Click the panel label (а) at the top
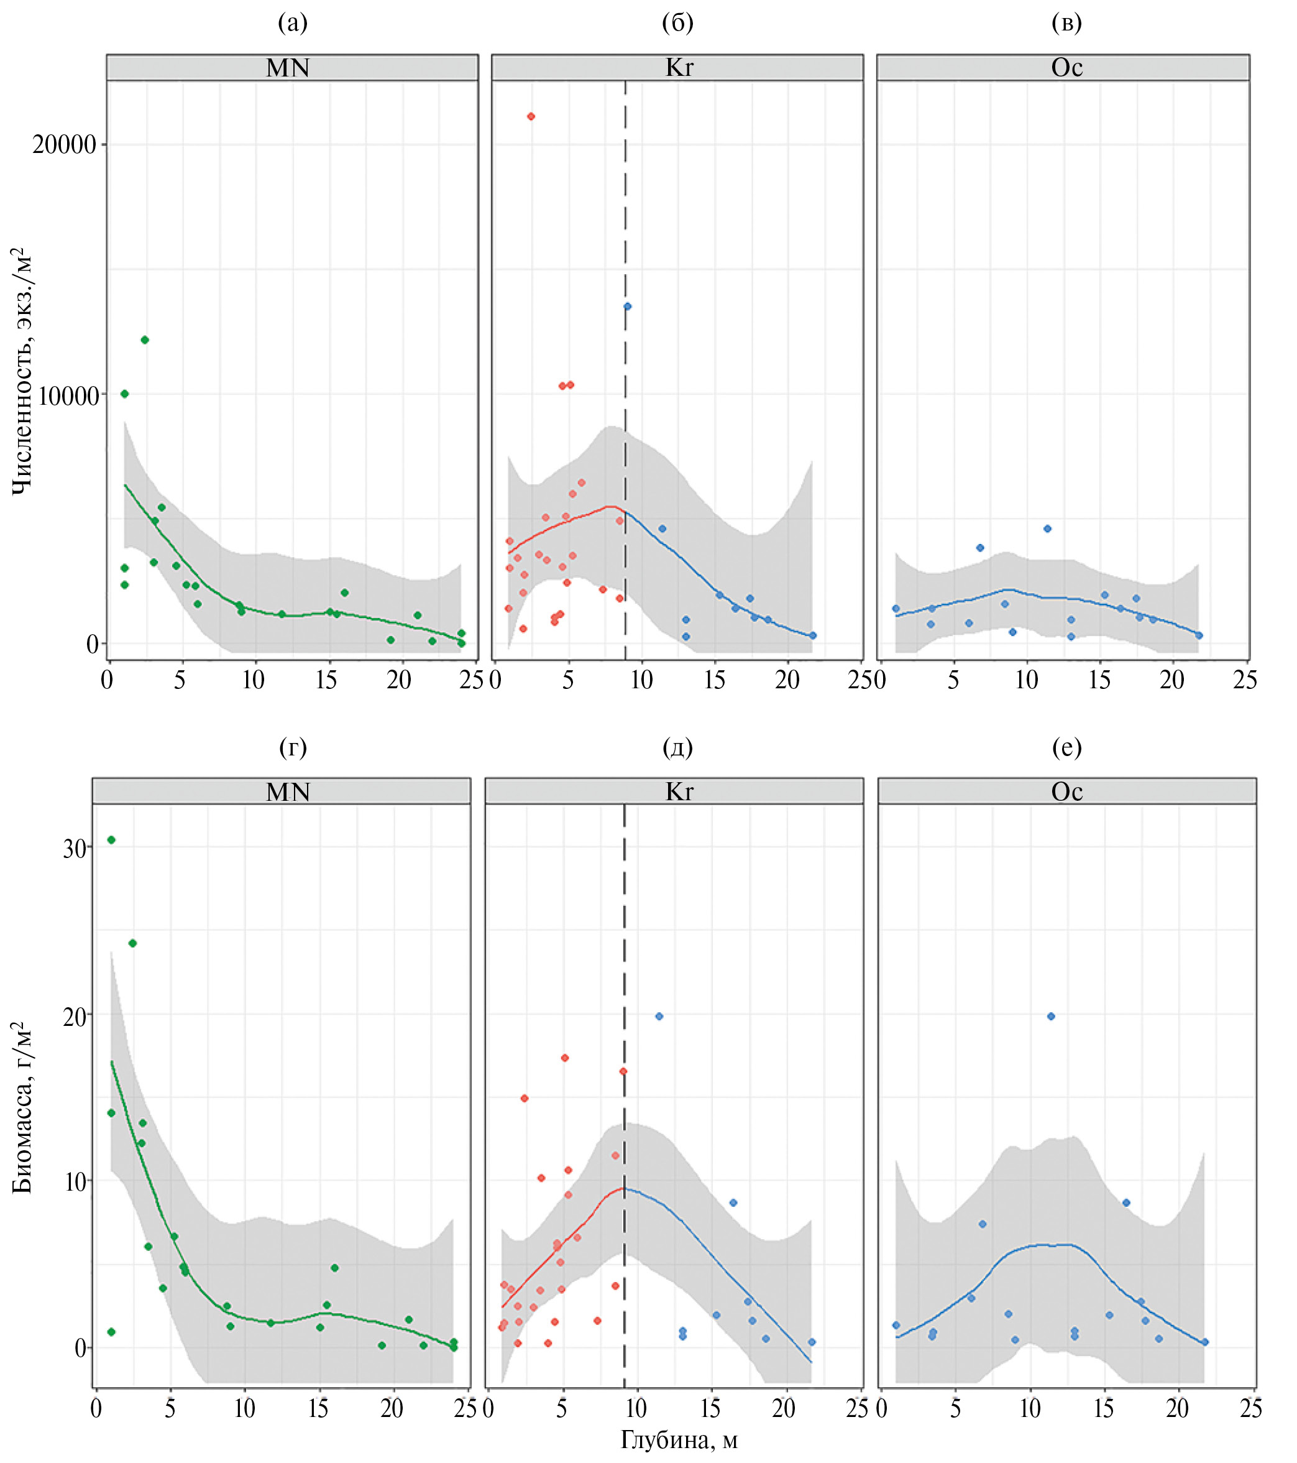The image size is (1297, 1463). tap(293, 23)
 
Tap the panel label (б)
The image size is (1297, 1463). tap(677, 23)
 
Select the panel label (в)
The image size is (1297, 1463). tap(1066, 23)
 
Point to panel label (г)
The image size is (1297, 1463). tap(293, 747)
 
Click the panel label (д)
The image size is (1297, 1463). tap(677, 747)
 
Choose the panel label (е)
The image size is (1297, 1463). tap(1066, 747)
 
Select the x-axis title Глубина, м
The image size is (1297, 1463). tap(678, 1439)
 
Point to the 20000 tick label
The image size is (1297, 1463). tap(65, 145)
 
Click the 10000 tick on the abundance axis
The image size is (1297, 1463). tap(68, 394)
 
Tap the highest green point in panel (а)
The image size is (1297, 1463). tap(145, 340)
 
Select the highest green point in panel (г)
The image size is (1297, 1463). tap(111, 839)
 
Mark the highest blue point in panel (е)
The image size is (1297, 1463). tap(1051, 1017)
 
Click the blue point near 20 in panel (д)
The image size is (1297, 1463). tap(659, 1017)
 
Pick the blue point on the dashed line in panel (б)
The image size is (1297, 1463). tap(628, 307)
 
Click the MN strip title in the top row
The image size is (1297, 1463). tap(288, 68)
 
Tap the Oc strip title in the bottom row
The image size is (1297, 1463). tap(1066, 791)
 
